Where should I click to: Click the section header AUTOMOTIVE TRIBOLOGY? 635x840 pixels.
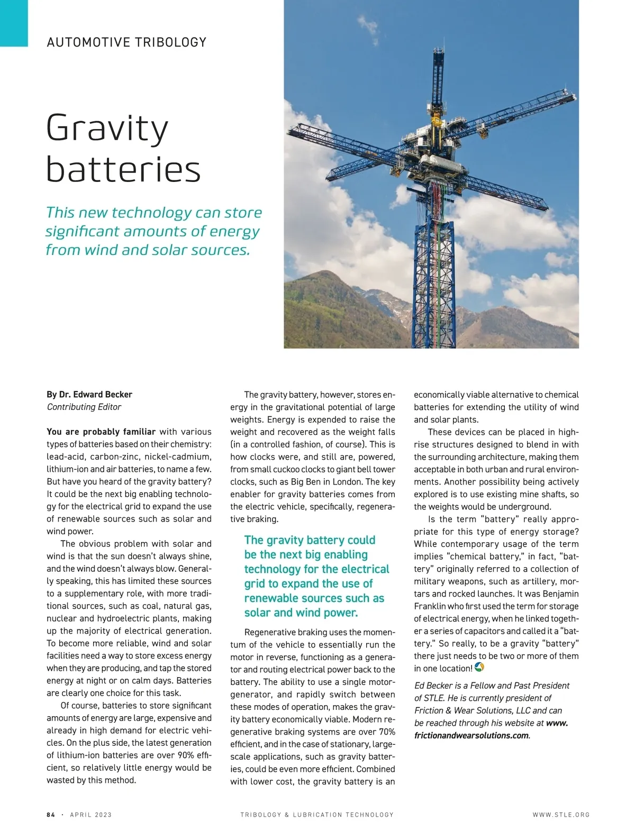(x=126, y=42)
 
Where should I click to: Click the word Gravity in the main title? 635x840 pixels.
(x=107, y=129)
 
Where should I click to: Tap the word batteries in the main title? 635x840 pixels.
(x=123, y=169)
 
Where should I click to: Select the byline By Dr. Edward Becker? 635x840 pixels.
(x=89, y=395)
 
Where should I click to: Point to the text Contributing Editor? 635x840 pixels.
(x=84, y=407)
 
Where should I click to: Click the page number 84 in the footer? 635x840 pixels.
(x=51, y=815)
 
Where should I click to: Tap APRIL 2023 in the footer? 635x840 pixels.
(x=90, y=815)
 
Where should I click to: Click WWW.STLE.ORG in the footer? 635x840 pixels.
(x=561, y=815)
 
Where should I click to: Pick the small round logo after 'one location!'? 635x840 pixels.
(x=479, y=668)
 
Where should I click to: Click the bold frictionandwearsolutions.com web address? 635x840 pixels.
(x=471, y=735)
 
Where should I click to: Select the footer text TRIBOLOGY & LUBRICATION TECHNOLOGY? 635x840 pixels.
(x=317, y=815)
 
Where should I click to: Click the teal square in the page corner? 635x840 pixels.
(x=14, y=23)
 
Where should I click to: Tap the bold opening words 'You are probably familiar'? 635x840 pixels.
(x=101, y=432)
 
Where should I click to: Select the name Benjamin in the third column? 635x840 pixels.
(x=560, y=594)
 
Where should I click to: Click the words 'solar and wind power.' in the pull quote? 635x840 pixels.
(x=301, y=613)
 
